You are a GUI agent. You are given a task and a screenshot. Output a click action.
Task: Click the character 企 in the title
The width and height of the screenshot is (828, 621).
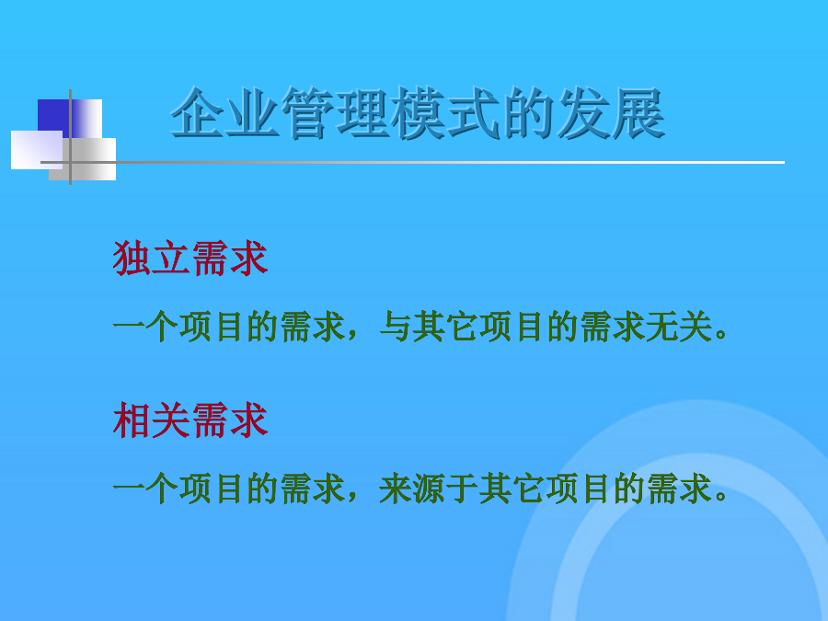(x=198, y=112)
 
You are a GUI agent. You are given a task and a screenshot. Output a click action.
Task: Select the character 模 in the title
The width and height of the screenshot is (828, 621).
(x=418, y=112)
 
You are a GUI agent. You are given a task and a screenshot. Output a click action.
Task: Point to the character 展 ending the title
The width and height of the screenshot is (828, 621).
(x=638, y=112)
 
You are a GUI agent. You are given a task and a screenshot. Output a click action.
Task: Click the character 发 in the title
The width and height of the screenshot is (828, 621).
(x=582, y=112)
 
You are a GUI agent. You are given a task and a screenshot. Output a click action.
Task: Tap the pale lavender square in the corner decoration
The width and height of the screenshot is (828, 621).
(x=37, y=150)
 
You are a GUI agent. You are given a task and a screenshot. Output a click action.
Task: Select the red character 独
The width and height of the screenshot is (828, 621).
(x=132, y=258)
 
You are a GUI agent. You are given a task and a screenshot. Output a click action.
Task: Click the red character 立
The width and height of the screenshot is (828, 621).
(x=170, y=258)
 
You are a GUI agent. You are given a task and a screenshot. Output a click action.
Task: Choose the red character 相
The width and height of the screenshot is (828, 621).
(x=132, y=420)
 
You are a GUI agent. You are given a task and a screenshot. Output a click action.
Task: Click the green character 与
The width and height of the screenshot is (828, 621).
(x=396, y=327)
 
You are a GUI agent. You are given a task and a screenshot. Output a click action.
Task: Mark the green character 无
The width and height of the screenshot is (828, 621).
(x=662, y=327)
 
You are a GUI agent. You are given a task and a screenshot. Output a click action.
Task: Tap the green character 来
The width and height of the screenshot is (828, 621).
(x=396, y=489)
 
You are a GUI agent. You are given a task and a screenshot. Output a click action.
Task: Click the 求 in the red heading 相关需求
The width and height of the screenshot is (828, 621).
(x=249, y=420)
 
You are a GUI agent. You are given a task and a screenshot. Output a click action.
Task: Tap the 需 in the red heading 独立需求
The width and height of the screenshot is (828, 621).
(x=210, y=258)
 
